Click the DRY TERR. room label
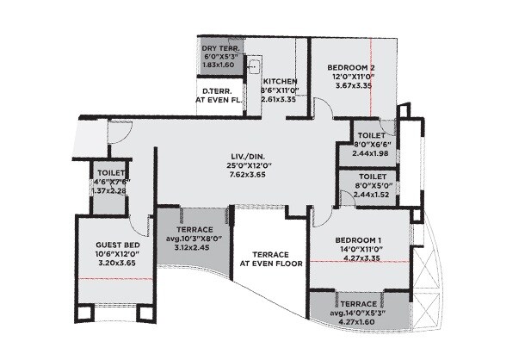click(219, 47)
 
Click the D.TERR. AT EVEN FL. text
click(219, 95)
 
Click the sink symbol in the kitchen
click(255, 65)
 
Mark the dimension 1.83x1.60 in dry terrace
click(219, 65)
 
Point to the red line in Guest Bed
click(114, 281)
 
